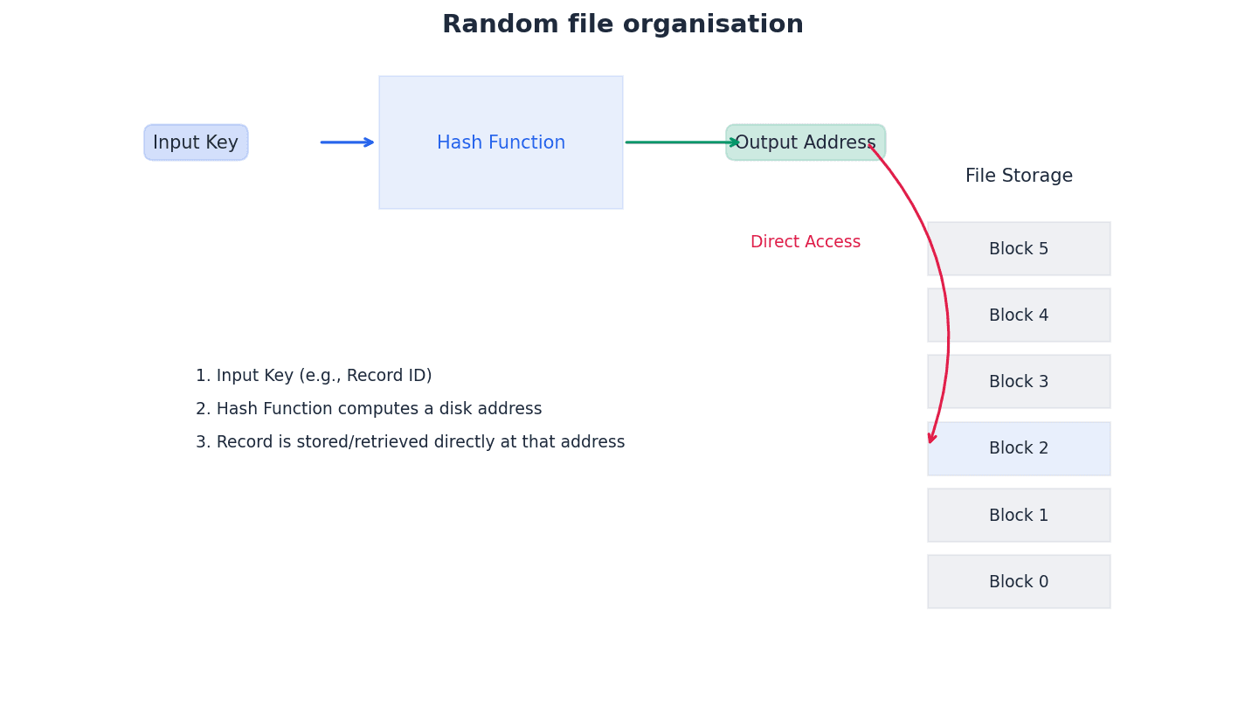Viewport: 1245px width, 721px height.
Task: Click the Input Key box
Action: coord(196,142)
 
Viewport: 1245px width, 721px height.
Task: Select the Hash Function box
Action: coord(501,142)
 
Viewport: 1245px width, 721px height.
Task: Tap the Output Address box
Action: coord(805,142)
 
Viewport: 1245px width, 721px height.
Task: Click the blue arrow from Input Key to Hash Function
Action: coord(347,142)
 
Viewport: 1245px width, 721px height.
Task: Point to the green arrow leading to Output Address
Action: coord(681,142)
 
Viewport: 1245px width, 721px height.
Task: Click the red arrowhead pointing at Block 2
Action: coord(932,438)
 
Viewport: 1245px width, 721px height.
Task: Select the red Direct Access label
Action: coord(805,242)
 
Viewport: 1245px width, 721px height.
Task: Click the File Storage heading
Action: coord(1019,177)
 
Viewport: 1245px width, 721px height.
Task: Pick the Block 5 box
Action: coord(1019,249)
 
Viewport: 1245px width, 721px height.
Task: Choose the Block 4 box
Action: coord(1019,315)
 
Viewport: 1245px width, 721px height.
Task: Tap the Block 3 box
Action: coord(1019,382)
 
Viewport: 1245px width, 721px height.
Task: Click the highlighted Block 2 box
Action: coord(1019,448)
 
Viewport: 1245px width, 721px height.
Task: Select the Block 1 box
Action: coord(1019,516)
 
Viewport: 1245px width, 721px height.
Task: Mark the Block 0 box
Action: coord(1019,582)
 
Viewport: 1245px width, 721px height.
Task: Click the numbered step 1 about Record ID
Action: coord(314,376)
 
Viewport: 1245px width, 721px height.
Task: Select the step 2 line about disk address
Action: coord(369,409)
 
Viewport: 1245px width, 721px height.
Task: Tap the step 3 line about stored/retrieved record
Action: coord(410,442)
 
